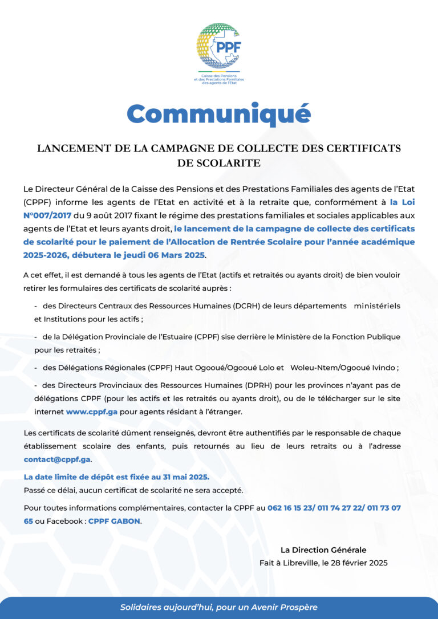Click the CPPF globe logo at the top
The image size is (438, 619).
click(218, 47)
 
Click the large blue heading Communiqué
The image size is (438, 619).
click(218, 113)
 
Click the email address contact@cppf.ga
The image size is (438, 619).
click(57, 459)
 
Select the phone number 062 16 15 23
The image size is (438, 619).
click(291, 507)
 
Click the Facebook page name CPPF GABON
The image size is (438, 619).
click(114, 521)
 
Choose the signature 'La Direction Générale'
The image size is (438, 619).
click(323, 550)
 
